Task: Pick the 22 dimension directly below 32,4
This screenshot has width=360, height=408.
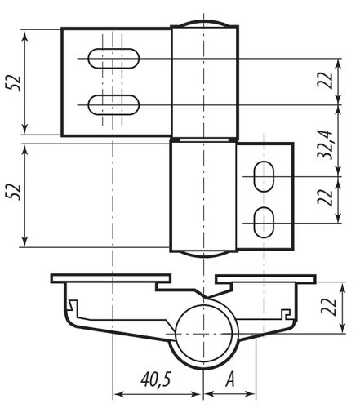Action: click(x=326, y=197)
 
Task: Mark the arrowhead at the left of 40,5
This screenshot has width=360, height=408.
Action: click(x=115, y=390)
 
